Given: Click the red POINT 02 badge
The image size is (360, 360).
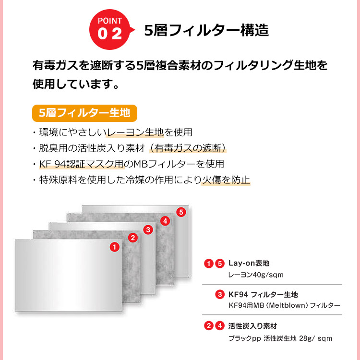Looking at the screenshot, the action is coord(110,29).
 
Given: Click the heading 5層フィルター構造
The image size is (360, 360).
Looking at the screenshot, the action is coord(206,30).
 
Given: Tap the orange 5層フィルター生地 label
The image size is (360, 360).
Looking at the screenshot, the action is coord(84,113).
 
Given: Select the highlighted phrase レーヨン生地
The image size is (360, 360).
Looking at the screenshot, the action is coord(135,132).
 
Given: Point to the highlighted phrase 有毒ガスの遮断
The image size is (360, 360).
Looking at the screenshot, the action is coord(188,148).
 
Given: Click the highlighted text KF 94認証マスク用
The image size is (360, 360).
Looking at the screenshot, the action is coord(82,164).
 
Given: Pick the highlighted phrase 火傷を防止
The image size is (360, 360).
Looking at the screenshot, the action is coord(226,180).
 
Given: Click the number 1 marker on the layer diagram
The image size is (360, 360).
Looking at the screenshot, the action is coord(115,247).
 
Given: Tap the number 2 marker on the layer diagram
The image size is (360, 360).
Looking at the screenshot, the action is coord(132,238).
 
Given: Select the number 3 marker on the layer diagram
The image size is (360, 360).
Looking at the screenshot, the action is coord(148,229).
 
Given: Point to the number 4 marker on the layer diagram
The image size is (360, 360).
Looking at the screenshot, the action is coord(165,221).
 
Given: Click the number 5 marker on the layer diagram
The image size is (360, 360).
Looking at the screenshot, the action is coord(181,212).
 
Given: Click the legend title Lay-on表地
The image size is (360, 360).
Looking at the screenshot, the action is coord(249,263).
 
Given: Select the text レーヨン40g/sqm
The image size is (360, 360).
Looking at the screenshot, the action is coord(256,275).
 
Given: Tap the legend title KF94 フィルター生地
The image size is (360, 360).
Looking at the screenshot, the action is coord(263,294).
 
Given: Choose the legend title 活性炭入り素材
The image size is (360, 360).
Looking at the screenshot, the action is coord(252,326).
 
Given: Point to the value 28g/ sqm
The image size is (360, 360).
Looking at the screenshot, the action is coord(316,338).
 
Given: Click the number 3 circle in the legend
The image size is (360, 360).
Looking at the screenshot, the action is coord(220,294).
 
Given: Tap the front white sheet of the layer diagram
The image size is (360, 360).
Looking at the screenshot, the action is coord(69,276).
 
